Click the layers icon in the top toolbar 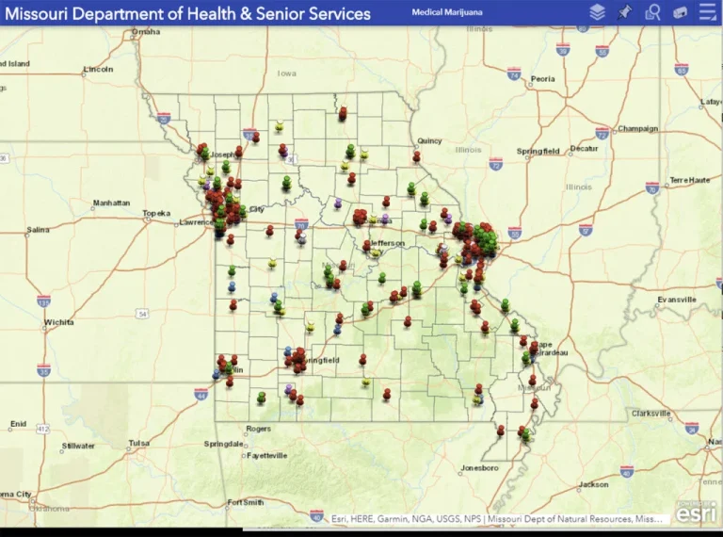597,12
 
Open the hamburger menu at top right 708,12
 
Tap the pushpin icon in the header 624,12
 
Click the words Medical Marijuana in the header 446,12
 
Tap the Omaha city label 146,31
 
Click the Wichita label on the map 58,322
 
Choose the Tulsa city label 139,443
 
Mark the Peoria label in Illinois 542,79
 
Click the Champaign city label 637,128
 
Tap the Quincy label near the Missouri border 429,140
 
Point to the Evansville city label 676,300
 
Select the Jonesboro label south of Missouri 479,467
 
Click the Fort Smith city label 247,502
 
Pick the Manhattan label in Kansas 113,203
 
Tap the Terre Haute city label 690,180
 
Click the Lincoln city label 98,69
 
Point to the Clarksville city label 651,413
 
